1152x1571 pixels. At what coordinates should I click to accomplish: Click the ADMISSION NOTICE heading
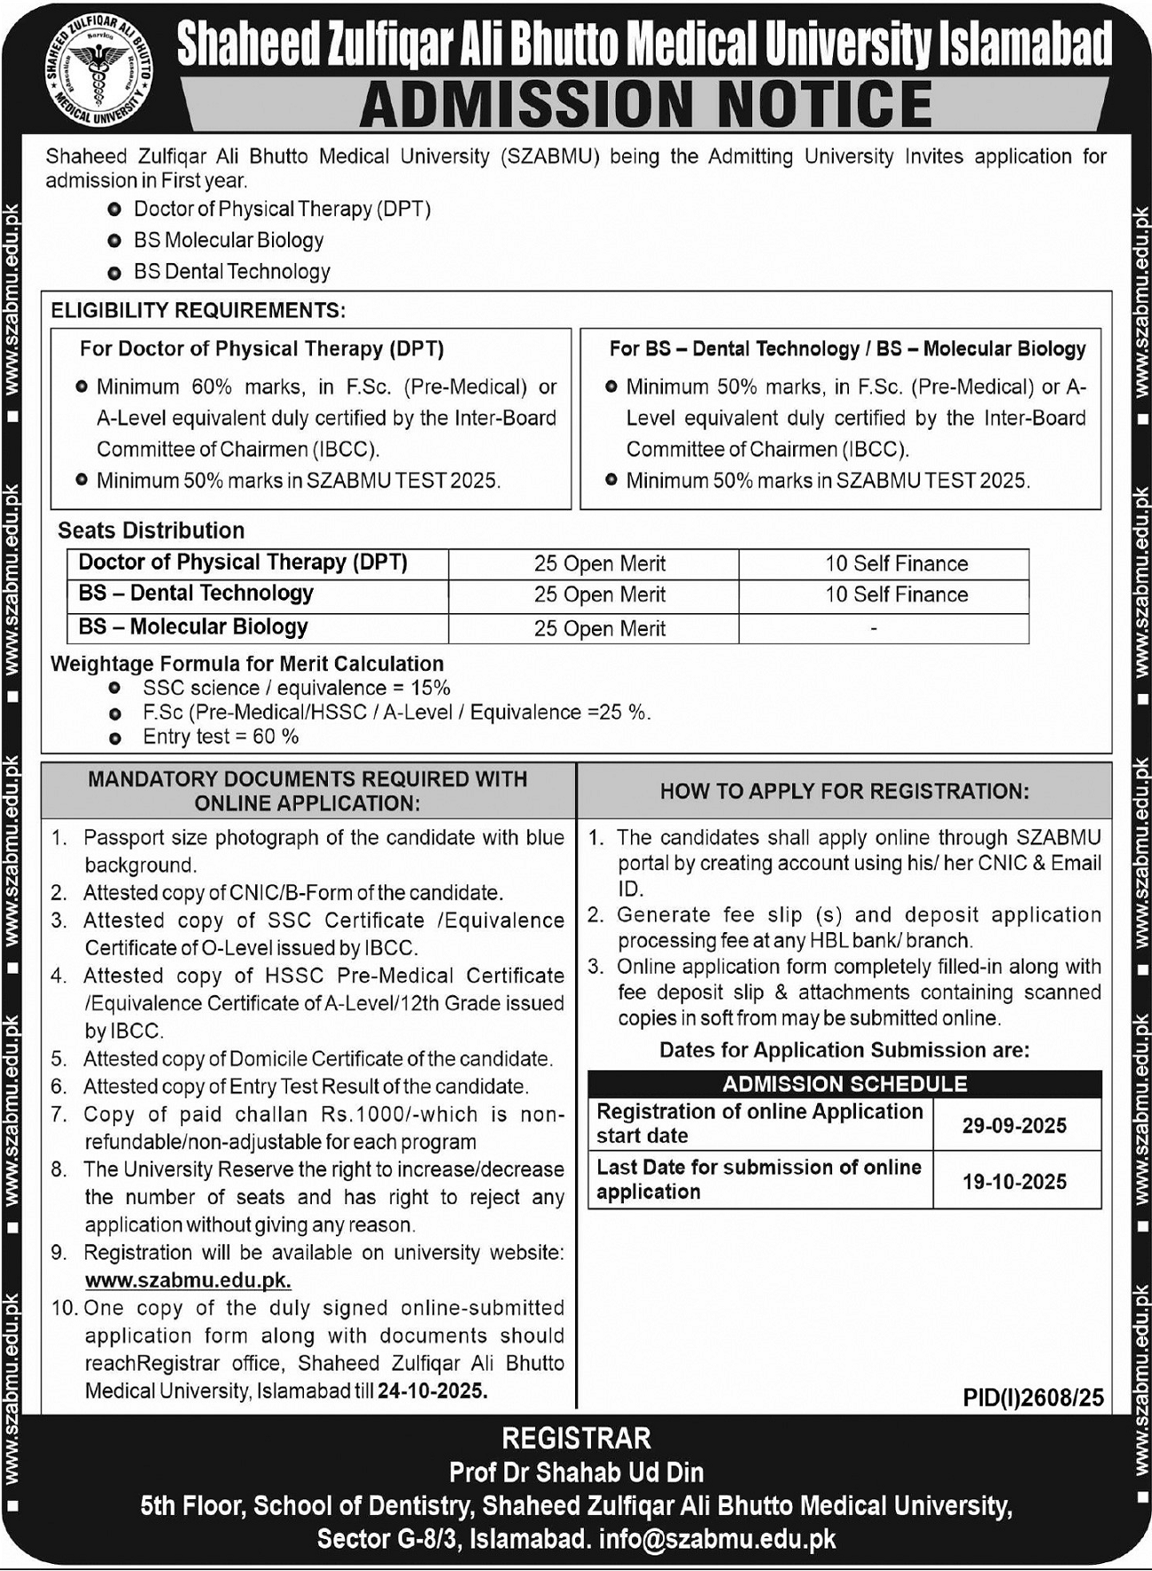pos(646,104)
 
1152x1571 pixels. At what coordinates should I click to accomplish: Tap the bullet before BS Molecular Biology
pos(114,241)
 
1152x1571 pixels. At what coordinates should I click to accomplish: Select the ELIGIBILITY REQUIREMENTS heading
pos(198,310)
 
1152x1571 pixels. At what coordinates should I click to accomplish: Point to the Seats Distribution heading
pos(151,531)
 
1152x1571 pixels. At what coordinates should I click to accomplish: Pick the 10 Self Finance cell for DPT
pos(896,564)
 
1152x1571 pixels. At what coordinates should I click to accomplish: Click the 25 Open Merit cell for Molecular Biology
pos(599,628)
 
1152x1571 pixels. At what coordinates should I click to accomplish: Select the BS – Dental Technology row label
pos(196,594)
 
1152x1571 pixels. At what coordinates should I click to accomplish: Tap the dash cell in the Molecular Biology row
pos(874,628)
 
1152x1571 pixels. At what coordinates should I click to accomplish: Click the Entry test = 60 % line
pos(221,737)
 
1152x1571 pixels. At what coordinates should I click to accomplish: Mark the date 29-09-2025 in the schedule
pos(1014,1126)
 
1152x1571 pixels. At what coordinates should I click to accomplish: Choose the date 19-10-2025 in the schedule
pos(1014,1182)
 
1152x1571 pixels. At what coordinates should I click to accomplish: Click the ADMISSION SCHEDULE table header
pos(845,1085)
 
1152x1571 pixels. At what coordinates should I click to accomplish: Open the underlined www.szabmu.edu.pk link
pos(188,1280)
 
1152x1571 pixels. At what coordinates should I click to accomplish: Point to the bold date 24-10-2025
pos(432,1391)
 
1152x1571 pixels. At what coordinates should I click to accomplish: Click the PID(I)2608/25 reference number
pos(1032,1397)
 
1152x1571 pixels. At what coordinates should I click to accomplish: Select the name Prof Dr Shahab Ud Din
pos(576,1473)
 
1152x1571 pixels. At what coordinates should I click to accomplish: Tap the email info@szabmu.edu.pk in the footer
pos(717,1540)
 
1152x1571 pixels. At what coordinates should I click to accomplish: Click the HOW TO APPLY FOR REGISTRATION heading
pos(844,791)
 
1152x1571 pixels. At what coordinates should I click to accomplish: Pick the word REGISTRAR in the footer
pos(576,1438)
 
